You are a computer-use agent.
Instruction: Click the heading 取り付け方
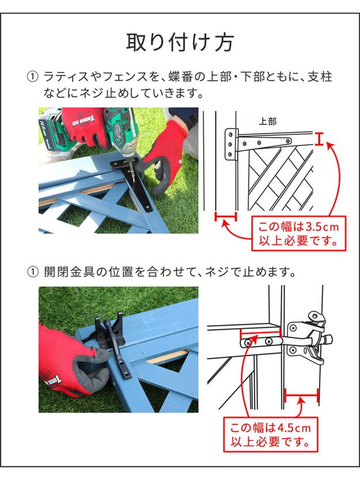tap(180, 42)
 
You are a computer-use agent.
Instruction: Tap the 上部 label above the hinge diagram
tap(268, 122)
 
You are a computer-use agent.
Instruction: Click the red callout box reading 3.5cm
tap(299, 233)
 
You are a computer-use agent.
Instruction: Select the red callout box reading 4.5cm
tap(270, 435)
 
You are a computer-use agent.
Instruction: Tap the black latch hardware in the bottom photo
tap(112, 342)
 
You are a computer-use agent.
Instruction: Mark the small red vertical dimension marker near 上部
tap(319, 138)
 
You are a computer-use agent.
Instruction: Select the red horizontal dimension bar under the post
tap(226, 216)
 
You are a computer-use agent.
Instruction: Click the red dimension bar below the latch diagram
tap(301, 395)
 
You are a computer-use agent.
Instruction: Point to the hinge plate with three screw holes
tap(230, 144)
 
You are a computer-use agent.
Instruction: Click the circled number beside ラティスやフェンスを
tap(33, 77)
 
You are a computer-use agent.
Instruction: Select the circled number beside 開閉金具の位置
tap(33, 272)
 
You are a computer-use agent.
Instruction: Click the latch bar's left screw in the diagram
tap(248, 342)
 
